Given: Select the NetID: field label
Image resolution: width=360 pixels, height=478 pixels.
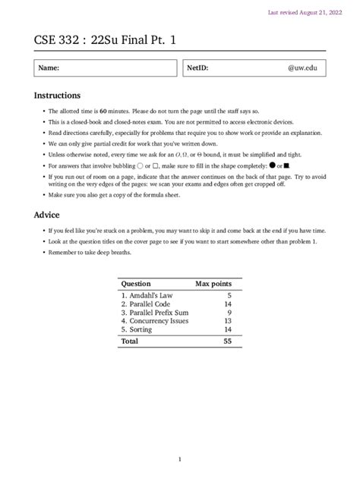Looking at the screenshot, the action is pyautogui.click(x=197, y=68).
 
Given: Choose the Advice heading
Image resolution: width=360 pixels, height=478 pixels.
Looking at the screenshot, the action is pyautogui.click(x=48, y=215).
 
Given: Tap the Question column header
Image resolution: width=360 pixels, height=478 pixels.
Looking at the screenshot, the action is pyautogui.click(x=136, y=283).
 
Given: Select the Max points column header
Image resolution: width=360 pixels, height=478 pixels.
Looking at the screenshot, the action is pyautogui.click(x=213, y=283).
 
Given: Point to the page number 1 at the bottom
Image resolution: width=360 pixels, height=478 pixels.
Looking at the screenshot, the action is pyautogui.click(x=180, y=459).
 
